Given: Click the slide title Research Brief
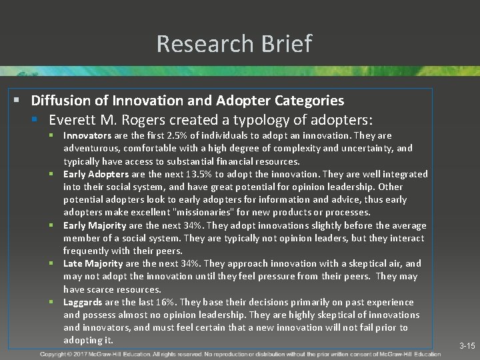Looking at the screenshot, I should (234, 44).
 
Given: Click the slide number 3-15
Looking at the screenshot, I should (467, 346).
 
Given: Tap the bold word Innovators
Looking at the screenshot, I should (87, 135).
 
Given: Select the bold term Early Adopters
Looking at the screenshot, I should (96, 174).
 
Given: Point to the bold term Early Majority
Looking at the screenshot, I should (95, 225).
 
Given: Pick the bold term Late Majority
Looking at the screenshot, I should (93, 264).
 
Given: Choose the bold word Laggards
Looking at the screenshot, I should (83, 302).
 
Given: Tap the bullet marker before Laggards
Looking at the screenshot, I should (56, 302).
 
